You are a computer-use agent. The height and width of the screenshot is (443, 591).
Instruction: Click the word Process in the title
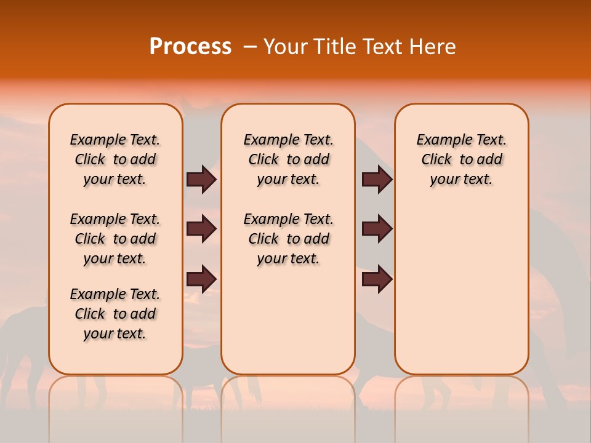point(190,47)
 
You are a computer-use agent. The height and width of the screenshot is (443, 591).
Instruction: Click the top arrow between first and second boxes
point(201,179)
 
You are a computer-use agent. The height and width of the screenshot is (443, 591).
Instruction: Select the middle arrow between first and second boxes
point(201,229)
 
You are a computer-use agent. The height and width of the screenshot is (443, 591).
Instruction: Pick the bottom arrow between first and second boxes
point(201,279)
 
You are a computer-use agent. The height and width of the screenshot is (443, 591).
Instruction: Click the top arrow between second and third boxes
point(377,179)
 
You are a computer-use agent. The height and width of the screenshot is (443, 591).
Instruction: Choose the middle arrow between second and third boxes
point(377,229)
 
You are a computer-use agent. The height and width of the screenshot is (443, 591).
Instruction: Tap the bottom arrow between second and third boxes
point(377,279)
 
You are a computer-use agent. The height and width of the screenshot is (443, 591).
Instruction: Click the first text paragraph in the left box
point(115,159)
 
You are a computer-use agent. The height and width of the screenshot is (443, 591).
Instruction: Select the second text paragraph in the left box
point(115,239)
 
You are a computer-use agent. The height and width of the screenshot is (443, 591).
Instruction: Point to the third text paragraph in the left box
point(115,314)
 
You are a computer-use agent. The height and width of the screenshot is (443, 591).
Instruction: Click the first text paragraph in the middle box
point(288,159)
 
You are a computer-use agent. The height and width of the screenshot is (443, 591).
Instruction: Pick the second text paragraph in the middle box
point(288,239)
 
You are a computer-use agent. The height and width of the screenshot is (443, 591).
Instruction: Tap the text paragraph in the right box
point(461,159)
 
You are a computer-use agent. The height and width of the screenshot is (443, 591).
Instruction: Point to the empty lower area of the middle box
point(288,320)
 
